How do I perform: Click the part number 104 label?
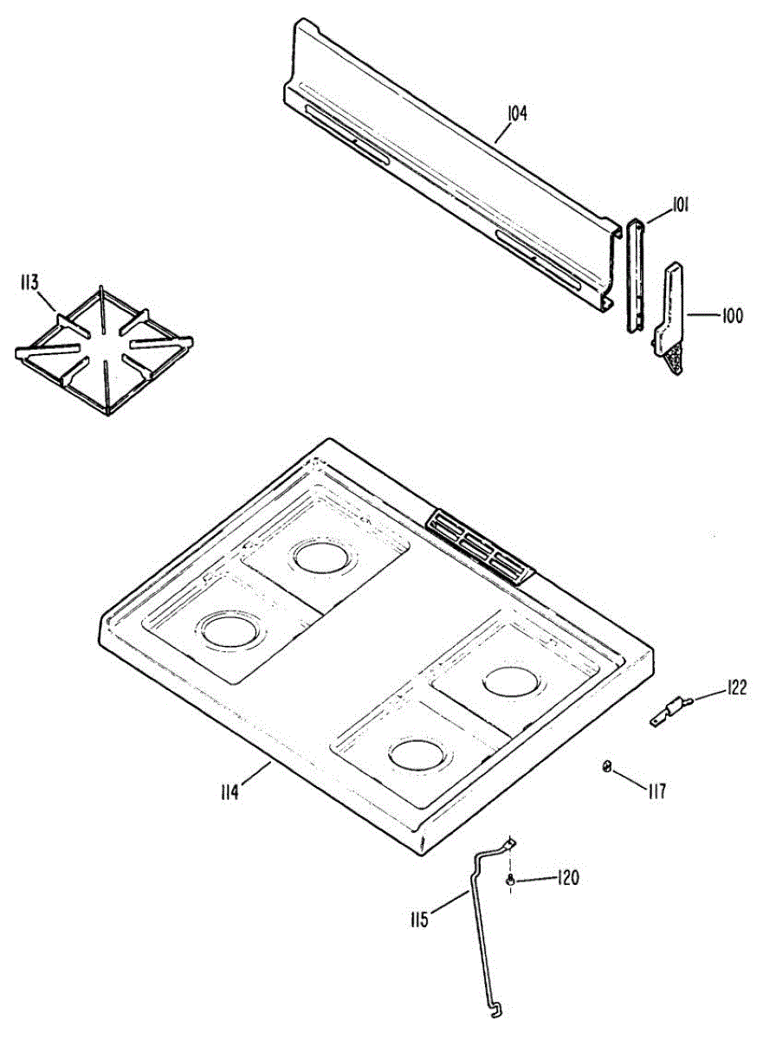tap(517, 113)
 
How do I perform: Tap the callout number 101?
tap(680, 206)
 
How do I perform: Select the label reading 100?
tap(732, 316)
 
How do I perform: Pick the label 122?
tap(736, 688)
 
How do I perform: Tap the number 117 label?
tap(656, 790)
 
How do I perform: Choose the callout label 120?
tap(567, 878)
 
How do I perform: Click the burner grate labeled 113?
tap(104, 351)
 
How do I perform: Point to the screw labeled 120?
tap(512, 880)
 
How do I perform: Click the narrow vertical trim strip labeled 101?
tap(636, 274)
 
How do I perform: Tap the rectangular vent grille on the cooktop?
tap(481, 546)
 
